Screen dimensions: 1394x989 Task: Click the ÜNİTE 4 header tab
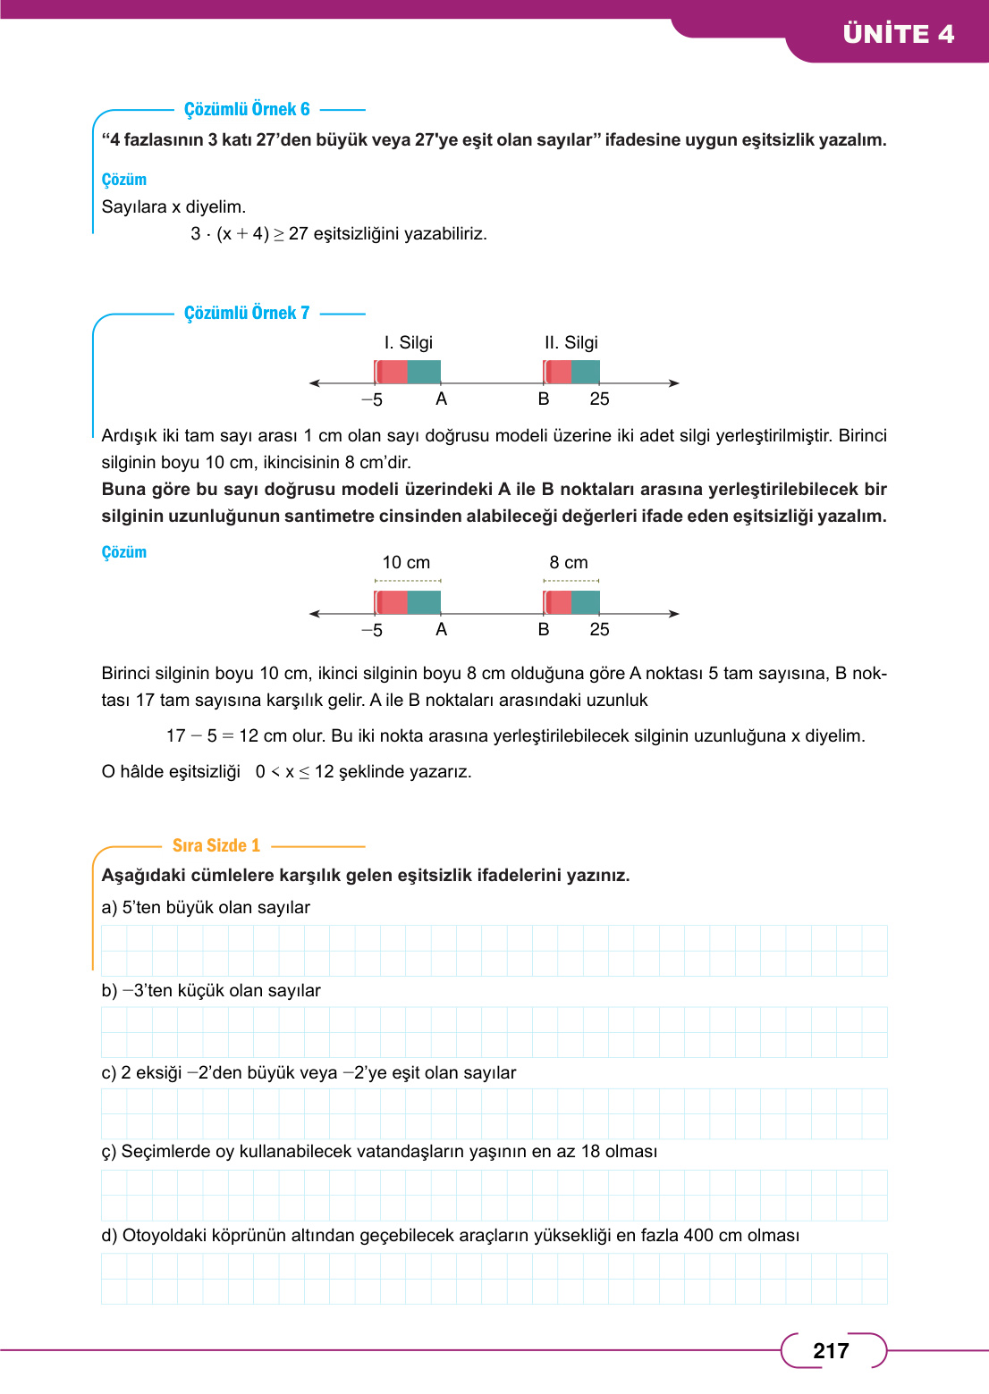click(898, 34)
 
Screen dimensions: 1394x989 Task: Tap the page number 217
click(831, 1350)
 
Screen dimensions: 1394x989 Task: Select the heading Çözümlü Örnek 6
click(247, 109)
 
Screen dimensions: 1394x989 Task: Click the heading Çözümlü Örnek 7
click(247, 313)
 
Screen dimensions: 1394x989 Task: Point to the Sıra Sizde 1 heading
click(216, 845)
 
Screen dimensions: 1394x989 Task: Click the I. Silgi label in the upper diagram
click(408, 342)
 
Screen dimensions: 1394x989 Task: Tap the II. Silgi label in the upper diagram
click(571, 342)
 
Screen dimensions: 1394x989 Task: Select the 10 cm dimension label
click(406, 562)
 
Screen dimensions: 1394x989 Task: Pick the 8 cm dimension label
click(569, 562)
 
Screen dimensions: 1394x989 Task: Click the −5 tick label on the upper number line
click(372, 399)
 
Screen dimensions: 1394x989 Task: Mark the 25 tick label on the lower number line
click(599, 629)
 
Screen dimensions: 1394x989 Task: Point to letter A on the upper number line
click(441, 399)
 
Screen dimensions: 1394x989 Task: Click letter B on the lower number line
click(544, 629)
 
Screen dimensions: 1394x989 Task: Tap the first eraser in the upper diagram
click(408, 372)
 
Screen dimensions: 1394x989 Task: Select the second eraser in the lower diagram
click(571, 602)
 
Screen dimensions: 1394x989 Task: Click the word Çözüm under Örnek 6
click(124, 180)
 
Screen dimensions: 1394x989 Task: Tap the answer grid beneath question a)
click(494, 950)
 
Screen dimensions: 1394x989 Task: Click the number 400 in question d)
click(698, 1235)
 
